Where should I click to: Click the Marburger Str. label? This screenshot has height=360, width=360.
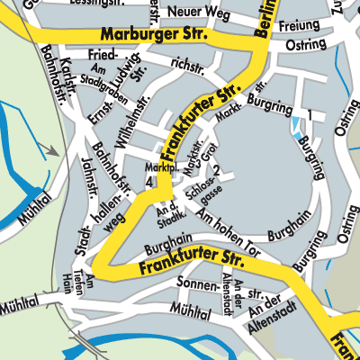[154, 35]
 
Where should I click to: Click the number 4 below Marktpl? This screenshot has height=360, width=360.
[148, 183]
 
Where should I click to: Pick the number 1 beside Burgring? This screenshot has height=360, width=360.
[308, 116]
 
